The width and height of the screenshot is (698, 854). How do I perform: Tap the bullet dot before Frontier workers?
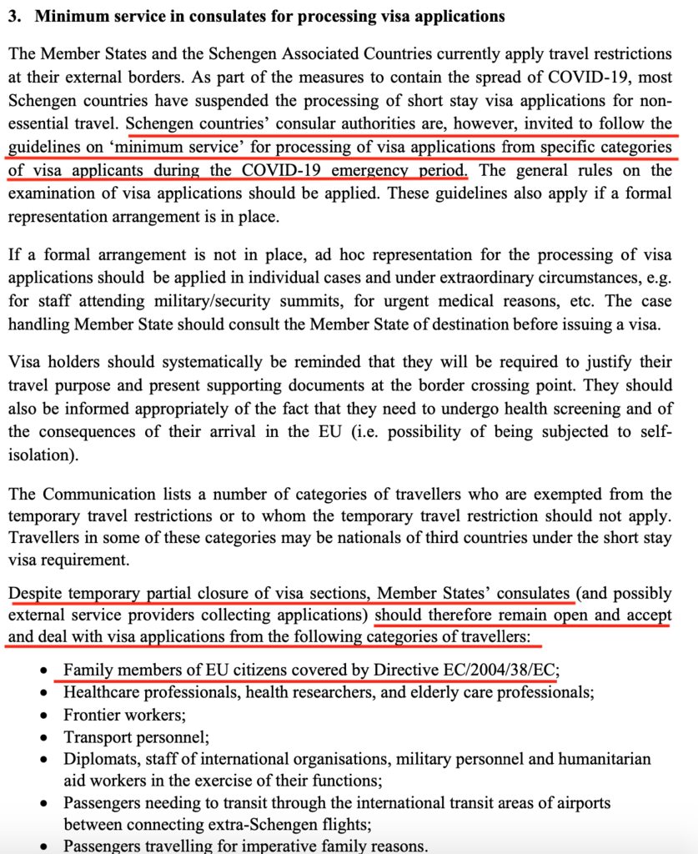point(46,716)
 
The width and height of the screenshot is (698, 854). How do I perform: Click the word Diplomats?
point(99,760)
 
